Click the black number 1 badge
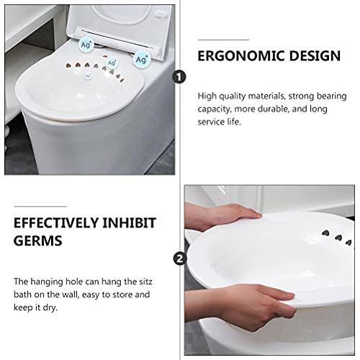179,76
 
